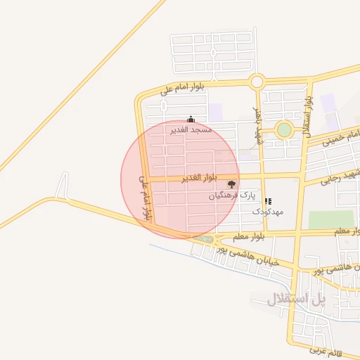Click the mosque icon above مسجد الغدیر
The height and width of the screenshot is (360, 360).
(x=191, y=120)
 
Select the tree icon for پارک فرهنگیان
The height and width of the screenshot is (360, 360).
(x=232, y=184)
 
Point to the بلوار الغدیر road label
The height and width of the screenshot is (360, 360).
(x=201, y=178)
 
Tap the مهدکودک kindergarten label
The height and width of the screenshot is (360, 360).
(x=268, y=211)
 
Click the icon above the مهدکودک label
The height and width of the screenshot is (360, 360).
(x=269, y=201)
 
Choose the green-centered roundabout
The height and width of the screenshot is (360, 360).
(x=284, y=129)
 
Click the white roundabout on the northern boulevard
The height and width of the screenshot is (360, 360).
(x=257, y=82)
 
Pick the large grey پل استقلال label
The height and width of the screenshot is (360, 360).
(x=296, y=299)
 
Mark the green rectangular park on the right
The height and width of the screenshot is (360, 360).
(x=331, y=219)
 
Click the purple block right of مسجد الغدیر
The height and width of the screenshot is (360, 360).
(x=216, y=111)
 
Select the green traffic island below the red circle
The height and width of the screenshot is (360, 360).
(x=205, y=240)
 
